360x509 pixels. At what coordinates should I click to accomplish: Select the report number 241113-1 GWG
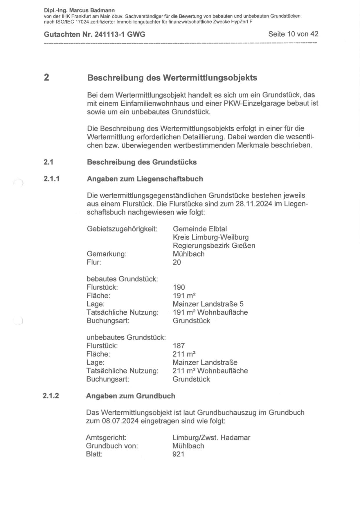click(x=120, y=35)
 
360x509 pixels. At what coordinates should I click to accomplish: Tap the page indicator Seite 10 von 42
click(x=293, y=34)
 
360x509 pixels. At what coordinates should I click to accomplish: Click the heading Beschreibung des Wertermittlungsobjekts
click(x=172, y=78)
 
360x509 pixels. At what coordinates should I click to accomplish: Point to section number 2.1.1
click(x=52, y=179)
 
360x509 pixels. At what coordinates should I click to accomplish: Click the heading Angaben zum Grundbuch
click(x=130, y=396)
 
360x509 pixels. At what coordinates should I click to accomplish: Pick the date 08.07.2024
click(x=120, y=421)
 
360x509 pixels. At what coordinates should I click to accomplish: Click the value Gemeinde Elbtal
click(x=200, y=229)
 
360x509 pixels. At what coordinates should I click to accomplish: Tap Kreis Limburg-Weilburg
click(x=211, y=237)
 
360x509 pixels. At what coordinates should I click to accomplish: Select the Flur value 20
click(x=177, y=262)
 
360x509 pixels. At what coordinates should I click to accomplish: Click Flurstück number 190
click(x=179, y=287)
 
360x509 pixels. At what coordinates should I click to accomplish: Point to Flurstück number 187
click(x=179, y=346)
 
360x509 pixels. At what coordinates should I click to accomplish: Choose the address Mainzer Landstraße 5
click(x=208, y=304)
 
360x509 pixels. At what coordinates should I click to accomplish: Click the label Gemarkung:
click(x=107, y=254)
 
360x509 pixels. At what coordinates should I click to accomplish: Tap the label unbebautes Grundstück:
click(x=126, y=337)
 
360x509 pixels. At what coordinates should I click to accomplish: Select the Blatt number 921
click(x=178, y=454)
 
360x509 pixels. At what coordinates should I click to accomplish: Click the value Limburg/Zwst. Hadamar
click(x=211, y=438)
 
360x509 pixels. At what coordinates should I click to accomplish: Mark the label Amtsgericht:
click(x=106, y=438)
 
